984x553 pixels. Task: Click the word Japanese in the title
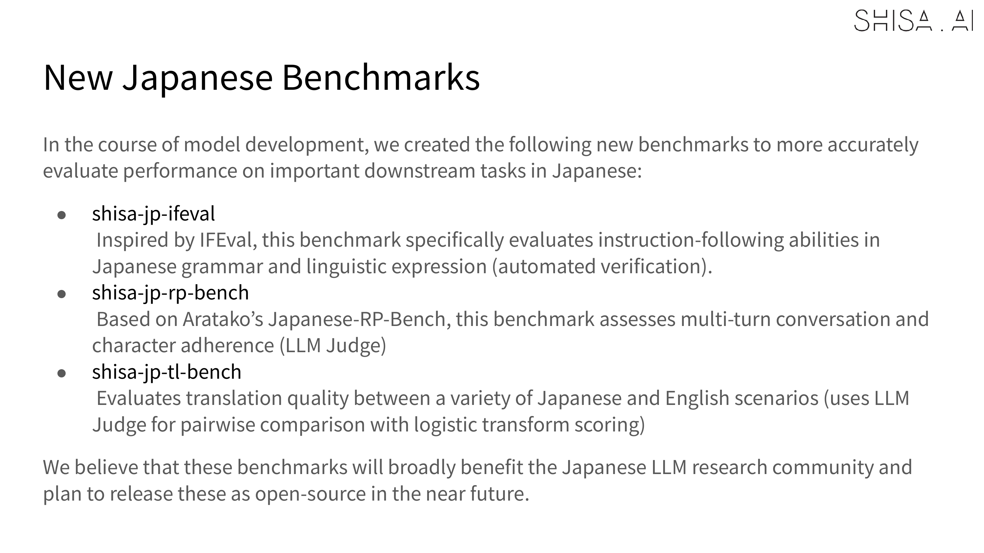point(197,78)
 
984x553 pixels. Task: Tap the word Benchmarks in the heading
point(381,77)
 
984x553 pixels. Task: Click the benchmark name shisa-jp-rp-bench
point(170,293)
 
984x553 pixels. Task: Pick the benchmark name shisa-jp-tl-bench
point(167,372)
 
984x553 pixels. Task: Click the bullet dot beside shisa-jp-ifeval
point(62,215)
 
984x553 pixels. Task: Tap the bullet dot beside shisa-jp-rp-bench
point(62,294)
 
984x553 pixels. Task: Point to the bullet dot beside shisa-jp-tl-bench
point(62,373)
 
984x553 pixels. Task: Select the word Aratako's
point(223,319)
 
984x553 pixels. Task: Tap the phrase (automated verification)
point(602,266)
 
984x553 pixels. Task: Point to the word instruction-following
point(691,240)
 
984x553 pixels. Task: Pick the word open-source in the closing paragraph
point(311,494)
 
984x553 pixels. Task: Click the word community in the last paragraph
point(823,467)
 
